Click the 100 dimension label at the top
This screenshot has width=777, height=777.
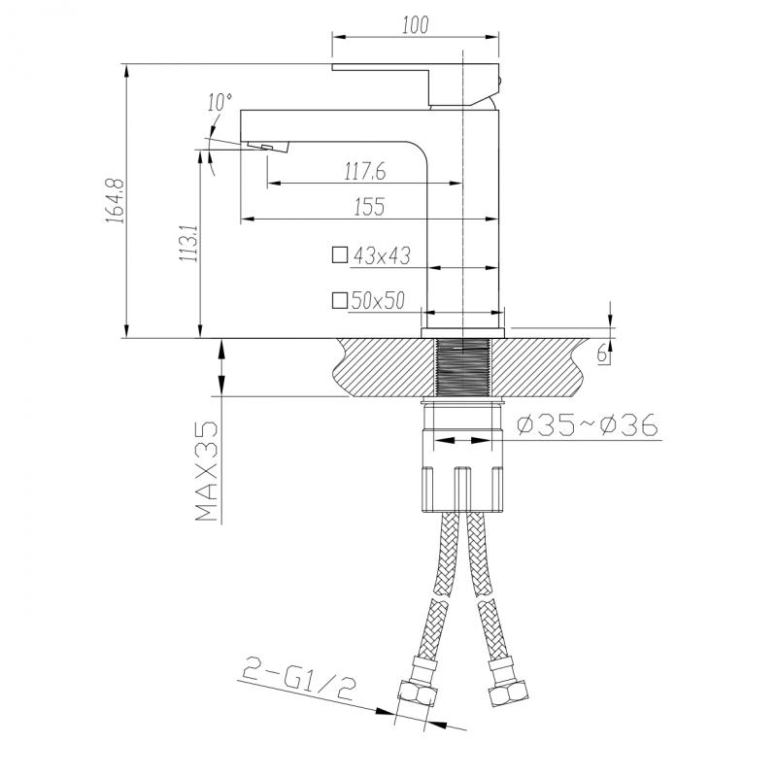[x=415, y=25]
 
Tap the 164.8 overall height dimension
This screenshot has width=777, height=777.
[x=115, y=200]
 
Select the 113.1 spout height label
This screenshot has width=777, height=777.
[x=189, y=243]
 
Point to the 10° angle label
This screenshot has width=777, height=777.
[x=220, y=102]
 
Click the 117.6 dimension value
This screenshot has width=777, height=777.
[x=365, y=172]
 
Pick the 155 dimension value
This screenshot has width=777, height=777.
[x=370, y=207]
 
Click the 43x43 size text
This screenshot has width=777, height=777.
[x=382, y=255]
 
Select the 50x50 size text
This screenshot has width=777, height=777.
[x=378, y=300]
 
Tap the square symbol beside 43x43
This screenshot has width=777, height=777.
[x=339, y=254]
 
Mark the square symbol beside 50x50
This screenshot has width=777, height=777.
[x=339, y=300]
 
